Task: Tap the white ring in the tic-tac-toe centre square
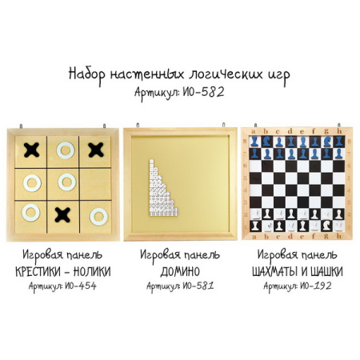(66, 182)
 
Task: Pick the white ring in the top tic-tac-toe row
(66, 149)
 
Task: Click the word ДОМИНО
(180, 272)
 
